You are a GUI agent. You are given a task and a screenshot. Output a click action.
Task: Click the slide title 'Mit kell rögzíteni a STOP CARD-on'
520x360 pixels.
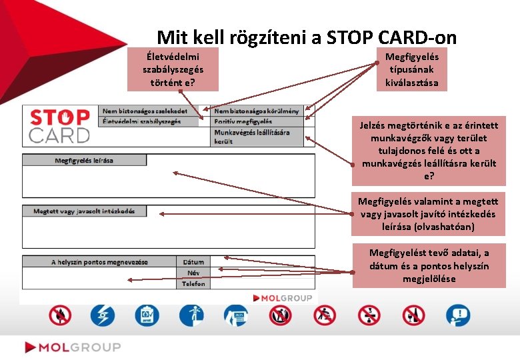point(307,38)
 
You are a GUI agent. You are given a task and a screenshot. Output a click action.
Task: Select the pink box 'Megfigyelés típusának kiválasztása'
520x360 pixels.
point(412,70)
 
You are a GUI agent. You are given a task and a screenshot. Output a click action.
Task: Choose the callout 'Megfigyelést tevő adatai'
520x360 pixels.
point(429,265)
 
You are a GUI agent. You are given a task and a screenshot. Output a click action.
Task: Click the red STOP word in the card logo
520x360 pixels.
point(60,118)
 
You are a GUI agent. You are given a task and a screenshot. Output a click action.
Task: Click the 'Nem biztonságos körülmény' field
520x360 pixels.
point(257,110)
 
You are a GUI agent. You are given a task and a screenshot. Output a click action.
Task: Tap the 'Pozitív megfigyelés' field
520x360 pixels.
point(257,121)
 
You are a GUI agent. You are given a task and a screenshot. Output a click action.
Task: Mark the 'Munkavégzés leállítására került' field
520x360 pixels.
point(257,136)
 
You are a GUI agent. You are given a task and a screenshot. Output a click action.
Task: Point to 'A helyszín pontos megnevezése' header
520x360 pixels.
point(100,261)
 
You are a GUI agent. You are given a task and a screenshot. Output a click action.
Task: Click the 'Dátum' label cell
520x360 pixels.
point(193,261)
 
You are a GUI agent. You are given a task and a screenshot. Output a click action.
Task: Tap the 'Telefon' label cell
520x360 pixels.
point(193,284)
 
